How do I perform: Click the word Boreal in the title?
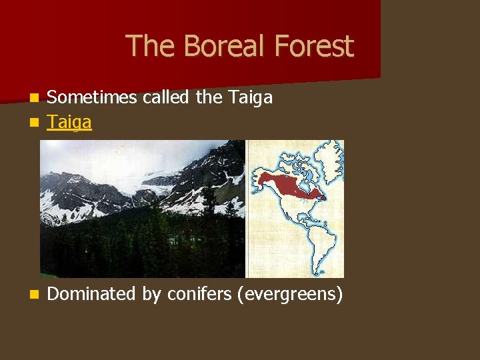(x=216, y=47)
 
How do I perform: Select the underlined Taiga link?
(x=69, y=122)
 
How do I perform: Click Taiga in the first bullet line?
(x=250, y=98)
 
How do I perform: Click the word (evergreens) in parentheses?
(x=290, y=294)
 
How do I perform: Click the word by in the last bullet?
(x=151, y=294)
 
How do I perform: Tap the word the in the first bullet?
(x=209, y=98)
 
